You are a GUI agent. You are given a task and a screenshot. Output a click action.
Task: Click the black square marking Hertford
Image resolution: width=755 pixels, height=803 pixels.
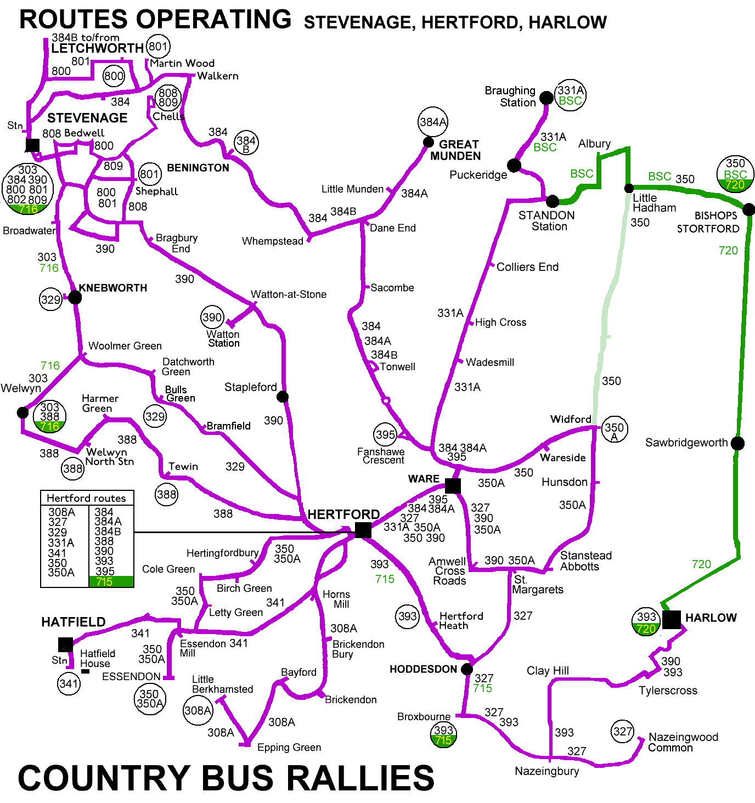363,530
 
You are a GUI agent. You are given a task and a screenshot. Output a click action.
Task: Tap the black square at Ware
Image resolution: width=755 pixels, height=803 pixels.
453,485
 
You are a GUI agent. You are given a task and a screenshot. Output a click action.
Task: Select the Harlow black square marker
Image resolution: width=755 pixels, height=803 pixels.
671,619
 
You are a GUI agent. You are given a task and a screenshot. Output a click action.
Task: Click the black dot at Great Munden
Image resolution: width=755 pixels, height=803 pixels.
429,143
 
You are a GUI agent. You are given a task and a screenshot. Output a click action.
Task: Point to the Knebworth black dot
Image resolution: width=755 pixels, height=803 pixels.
75,297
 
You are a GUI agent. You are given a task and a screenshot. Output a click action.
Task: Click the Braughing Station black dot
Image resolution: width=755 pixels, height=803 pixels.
546,98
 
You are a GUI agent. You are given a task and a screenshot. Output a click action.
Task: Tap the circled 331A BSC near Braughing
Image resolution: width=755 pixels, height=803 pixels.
570,95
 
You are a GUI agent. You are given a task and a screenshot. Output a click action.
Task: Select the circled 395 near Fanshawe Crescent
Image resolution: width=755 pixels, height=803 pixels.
385,435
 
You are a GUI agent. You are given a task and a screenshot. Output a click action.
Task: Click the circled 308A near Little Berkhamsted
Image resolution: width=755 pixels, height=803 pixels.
198,710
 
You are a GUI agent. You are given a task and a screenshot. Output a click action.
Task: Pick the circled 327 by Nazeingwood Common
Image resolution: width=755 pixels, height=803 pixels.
623,732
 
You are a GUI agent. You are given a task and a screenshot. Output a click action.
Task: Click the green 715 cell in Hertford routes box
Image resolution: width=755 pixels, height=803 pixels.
111,582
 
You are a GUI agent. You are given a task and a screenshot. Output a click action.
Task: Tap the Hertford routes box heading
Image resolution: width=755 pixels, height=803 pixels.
86,498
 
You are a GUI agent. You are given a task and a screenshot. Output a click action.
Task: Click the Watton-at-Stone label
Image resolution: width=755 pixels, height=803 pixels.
289,295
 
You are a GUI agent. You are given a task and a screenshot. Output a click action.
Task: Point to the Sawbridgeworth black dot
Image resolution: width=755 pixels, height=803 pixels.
738,443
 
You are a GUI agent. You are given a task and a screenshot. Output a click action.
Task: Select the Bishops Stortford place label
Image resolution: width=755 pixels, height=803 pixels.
708,222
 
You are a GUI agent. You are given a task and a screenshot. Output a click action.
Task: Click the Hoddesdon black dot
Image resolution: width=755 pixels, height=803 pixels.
466,669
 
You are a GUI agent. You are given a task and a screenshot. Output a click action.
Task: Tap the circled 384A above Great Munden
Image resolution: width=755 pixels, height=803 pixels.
433,122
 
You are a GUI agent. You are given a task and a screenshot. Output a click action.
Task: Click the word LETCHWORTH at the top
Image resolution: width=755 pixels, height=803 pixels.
97,48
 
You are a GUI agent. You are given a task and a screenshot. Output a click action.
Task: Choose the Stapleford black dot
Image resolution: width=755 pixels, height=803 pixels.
282,397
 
